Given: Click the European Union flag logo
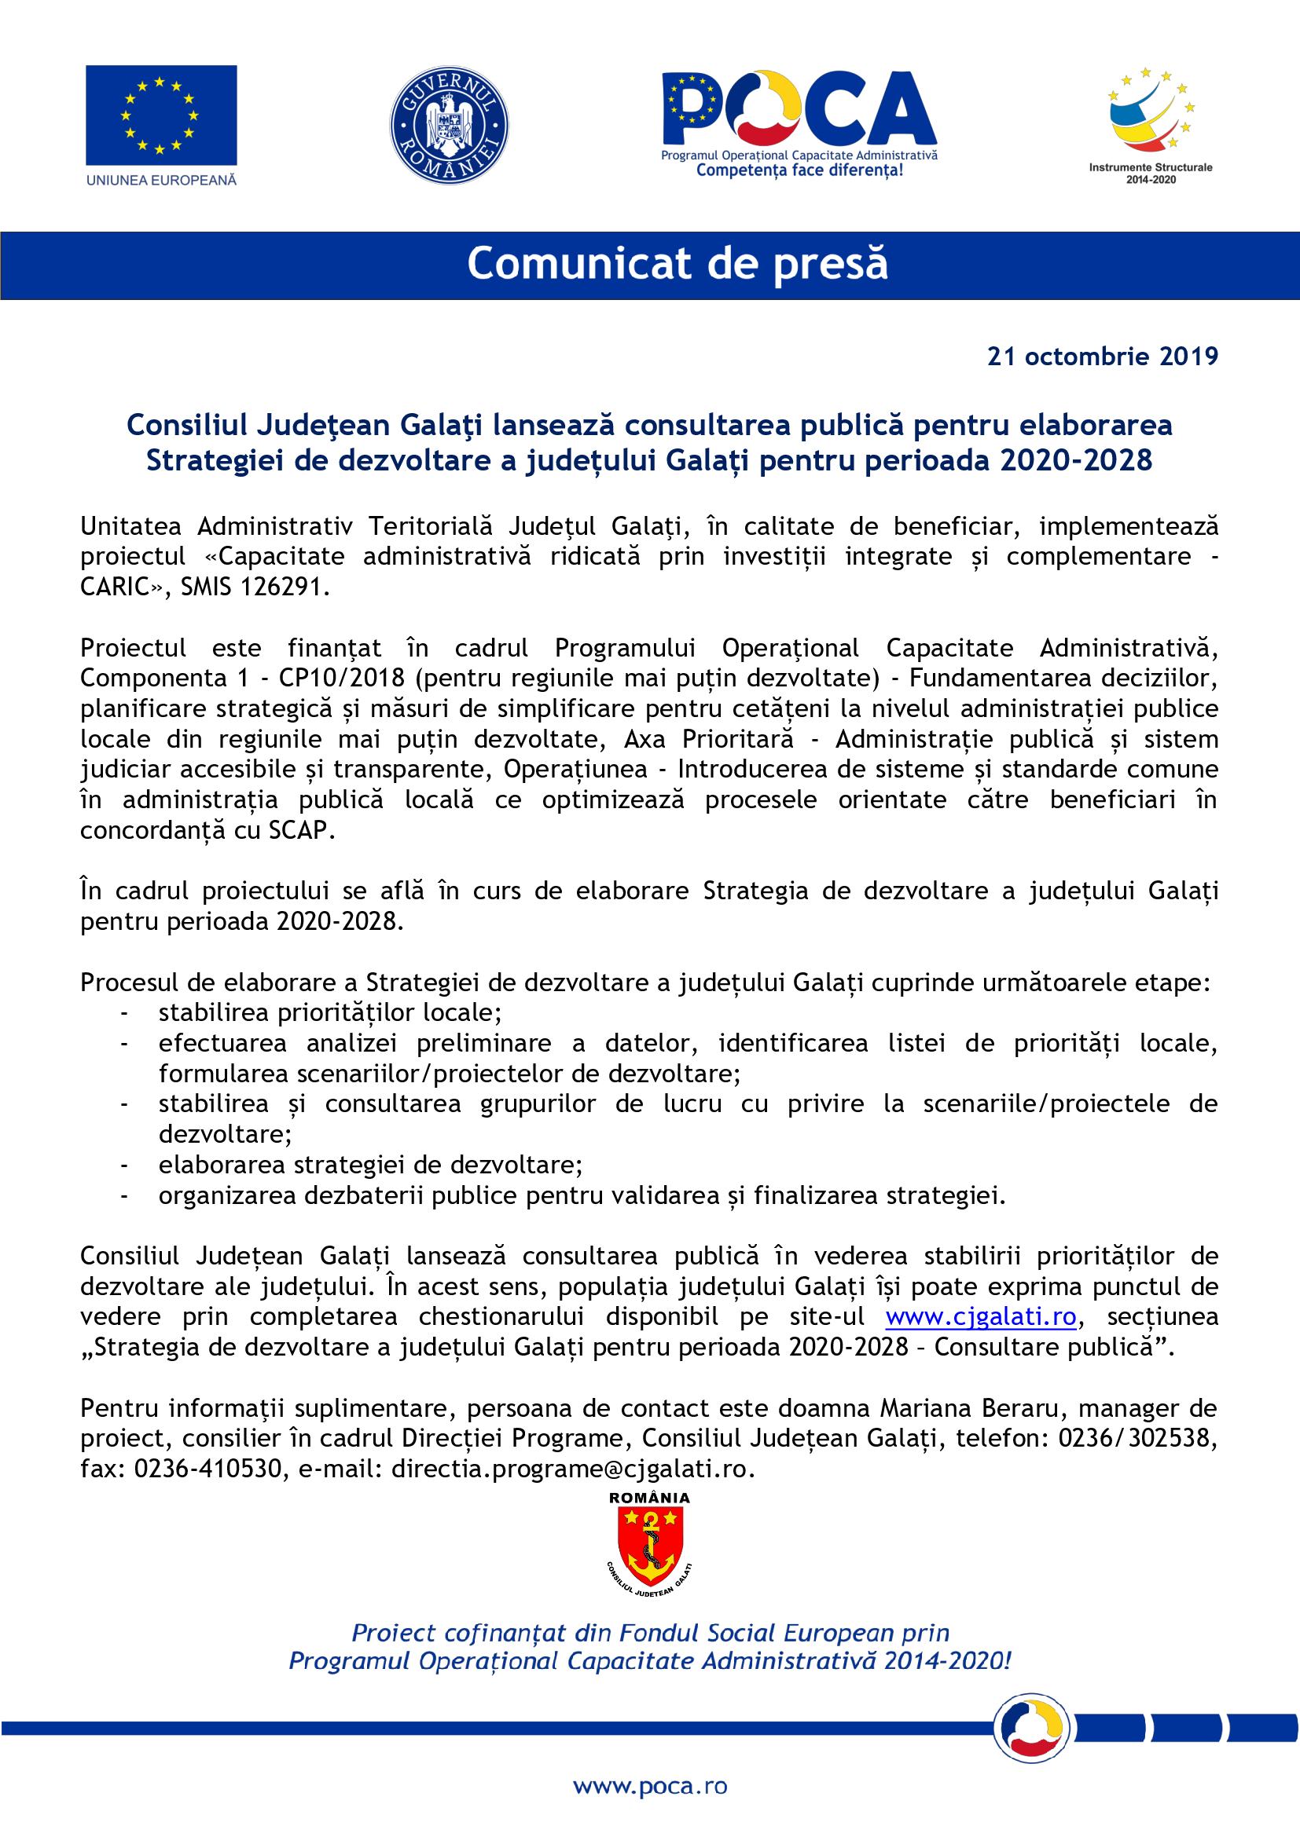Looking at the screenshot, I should click(161, 115).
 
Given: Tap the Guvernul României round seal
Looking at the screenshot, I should click(449, 126).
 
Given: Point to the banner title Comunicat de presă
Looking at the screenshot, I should click(678, 264).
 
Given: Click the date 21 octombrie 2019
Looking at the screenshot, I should click(1102, 357).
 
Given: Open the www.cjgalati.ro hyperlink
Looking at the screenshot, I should click(981, 1316).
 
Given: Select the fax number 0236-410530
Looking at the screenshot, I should click(207, 1469).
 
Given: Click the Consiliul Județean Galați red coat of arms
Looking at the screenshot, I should click(650, 1547).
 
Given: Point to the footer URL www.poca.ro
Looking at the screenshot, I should click(650, 1786).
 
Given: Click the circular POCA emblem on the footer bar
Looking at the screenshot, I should click(1031, 1728).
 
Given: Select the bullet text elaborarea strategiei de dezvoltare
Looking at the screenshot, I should click(369, 1165).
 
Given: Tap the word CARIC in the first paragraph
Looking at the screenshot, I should click(115, 587).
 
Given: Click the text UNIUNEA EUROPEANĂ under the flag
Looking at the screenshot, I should click(161, 181).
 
